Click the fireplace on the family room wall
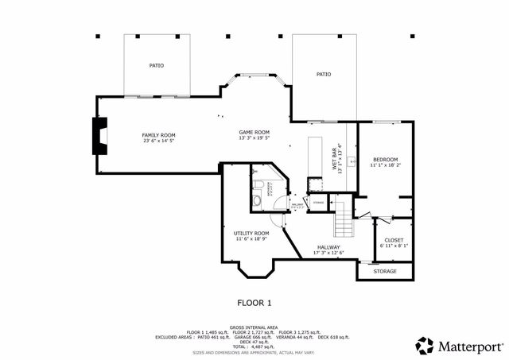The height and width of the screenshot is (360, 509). tap(98, 136)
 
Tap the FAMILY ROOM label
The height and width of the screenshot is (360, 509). tap(157, 135)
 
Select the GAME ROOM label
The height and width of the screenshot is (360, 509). tap(254, 132)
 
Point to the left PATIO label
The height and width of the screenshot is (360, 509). tap(156, 65)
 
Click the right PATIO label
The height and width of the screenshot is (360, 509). tap(323, 74)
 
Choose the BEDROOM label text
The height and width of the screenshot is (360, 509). tap(385, 160)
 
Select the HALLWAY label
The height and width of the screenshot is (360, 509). tap(328, 247)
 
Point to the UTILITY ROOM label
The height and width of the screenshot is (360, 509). tap(251, 233)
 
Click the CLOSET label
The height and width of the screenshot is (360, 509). tap(394, 240)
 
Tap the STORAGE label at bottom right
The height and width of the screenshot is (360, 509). tap(385, 271)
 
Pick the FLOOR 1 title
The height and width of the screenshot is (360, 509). tap(254, 303)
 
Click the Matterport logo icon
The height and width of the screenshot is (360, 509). tap(425, 346)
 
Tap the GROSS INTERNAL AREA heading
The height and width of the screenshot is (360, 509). tap(254, 327)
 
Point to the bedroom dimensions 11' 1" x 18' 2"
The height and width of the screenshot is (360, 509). tap(385, 166)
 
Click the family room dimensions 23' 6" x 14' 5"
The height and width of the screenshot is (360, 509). tap(157, 141)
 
